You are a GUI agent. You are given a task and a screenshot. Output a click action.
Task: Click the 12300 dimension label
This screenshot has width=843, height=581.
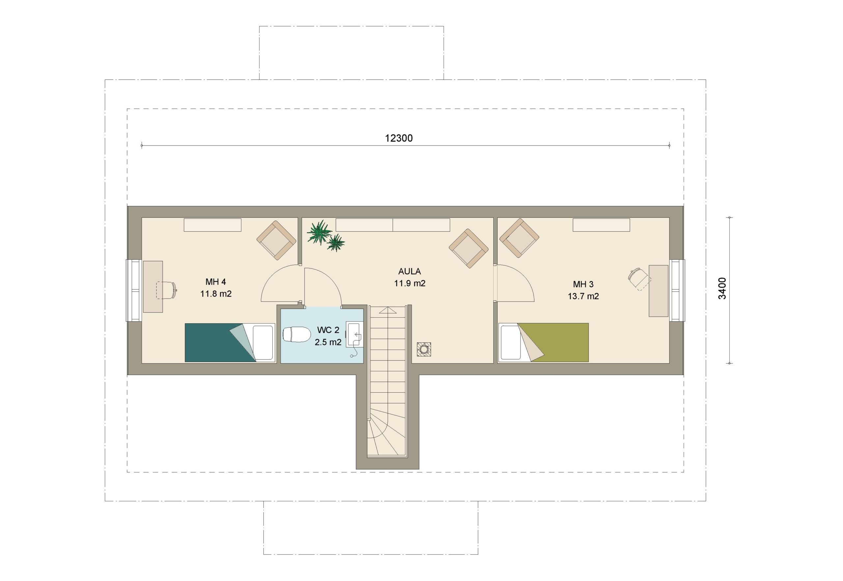[x=399, y=138]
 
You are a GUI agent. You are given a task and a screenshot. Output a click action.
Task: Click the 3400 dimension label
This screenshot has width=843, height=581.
[x=722, y=288]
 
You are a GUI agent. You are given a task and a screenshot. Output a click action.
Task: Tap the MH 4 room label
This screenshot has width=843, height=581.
[x=216, y=281]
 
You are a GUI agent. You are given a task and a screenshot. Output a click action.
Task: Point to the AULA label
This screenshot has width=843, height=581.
[x=410, y=271]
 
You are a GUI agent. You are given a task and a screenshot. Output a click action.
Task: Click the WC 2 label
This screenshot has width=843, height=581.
[x=328, y=330]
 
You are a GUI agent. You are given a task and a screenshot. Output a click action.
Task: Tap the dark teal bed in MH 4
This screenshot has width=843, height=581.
[x=230, y=343]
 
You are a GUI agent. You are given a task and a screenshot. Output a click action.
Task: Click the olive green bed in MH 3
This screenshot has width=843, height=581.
[x=544, y=342]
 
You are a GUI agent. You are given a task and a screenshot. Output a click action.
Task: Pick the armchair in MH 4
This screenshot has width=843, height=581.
[x=276, y=240]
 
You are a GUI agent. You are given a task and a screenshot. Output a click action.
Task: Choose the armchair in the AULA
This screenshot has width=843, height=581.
[x=469, y=248]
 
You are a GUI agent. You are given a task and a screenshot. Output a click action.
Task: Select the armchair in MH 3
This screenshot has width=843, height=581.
[x=519, y=238]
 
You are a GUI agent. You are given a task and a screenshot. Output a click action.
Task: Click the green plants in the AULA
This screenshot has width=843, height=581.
[x=325, y=236]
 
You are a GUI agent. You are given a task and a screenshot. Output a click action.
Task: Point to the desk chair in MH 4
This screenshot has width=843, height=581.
[x=167, y=290]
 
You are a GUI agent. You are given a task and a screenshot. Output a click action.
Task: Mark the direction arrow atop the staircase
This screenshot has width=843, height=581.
[x=388, y=310]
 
